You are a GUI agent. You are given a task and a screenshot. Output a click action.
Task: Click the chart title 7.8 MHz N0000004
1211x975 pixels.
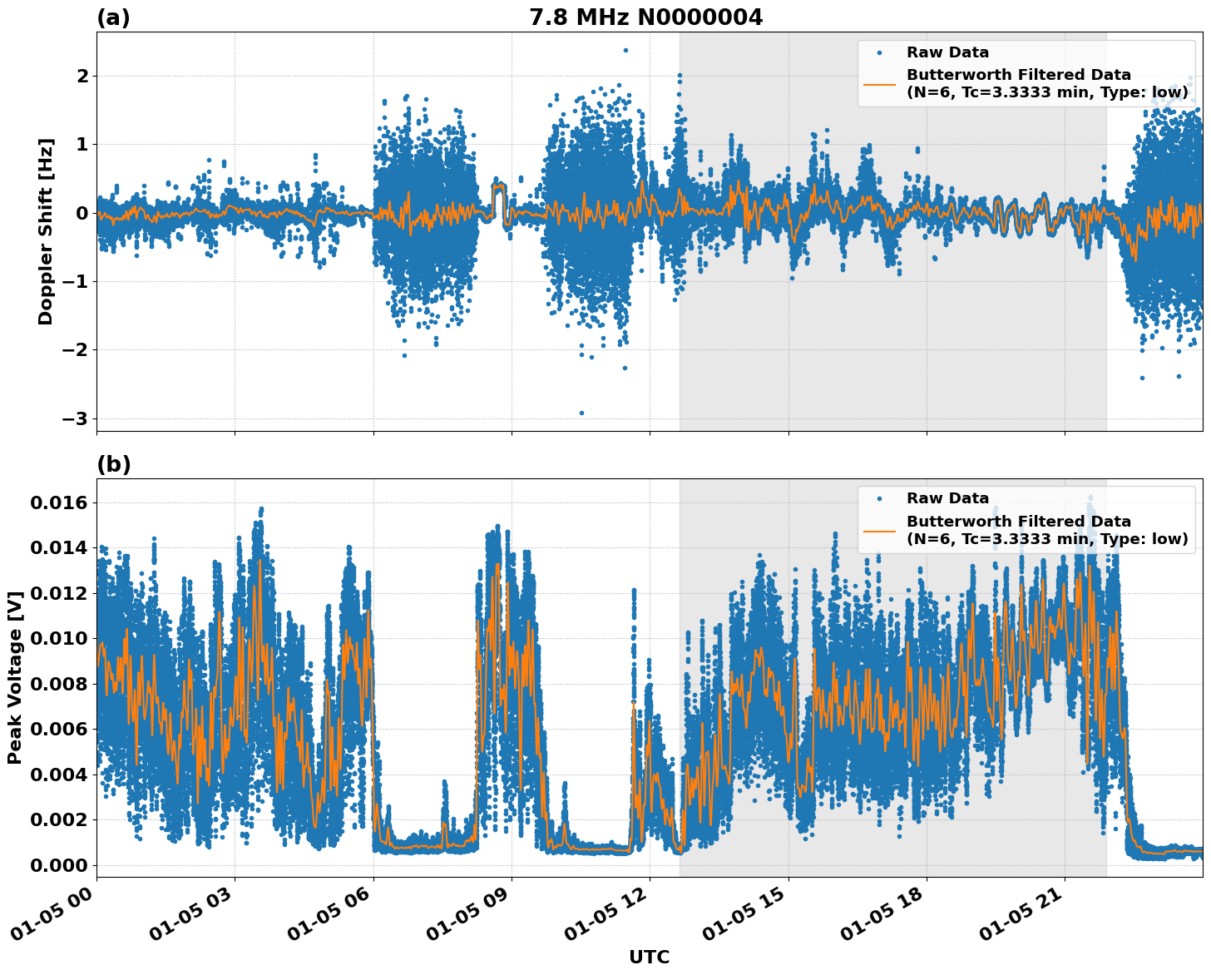pyautogui.click(x=645, y=17)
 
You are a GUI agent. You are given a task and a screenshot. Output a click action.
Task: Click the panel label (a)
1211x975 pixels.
pyautogui.click(x=114, y=17)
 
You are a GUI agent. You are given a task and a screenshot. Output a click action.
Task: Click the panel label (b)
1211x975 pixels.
pyautogui.click(x=114, y=464)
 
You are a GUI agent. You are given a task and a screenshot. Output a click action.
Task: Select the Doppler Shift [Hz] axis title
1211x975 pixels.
pyautogui.click(x=46, y=231)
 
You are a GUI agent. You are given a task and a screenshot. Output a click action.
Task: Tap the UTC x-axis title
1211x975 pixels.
pyautogui.click(x=649, y=957)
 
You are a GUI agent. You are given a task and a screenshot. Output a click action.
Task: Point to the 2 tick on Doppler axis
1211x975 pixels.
pyautogui.click(x=82, y=76)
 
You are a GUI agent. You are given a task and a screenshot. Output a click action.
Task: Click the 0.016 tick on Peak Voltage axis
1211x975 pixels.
pyautogui.click(x=58, y=502)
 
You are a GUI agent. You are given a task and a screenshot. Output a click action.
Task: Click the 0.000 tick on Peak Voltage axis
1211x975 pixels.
pyautogui.click(x=58, y=865)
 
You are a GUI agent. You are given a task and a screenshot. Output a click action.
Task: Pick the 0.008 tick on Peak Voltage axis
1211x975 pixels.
pyautogui.click(x=58, y=684)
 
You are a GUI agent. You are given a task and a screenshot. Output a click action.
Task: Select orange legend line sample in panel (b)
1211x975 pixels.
pyautogui.click(x=879, y=530)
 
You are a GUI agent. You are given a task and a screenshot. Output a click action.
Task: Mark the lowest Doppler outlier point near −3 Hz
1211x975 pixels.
pyautogui.click(x=581, y=413)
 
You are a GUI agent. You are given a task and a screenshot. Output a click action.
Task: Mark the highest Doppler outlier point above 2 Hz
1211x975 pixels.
pyautogui.click(x=625, y=50)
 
